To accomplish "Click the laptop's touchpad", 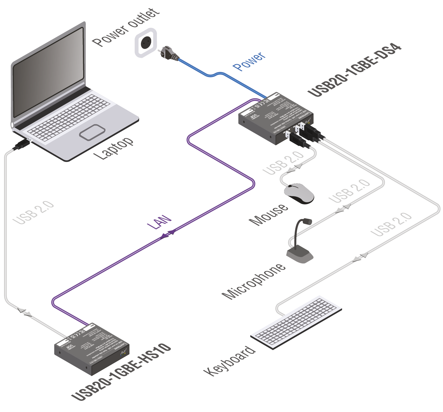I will [92, 132].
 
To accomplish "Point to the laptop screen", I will [49, 72].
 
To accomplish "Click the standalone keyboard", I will [296, 322].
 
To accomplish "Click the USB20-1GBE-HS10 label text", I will [121, 372].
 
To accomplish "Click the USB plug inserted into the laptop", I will [21, 145].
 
